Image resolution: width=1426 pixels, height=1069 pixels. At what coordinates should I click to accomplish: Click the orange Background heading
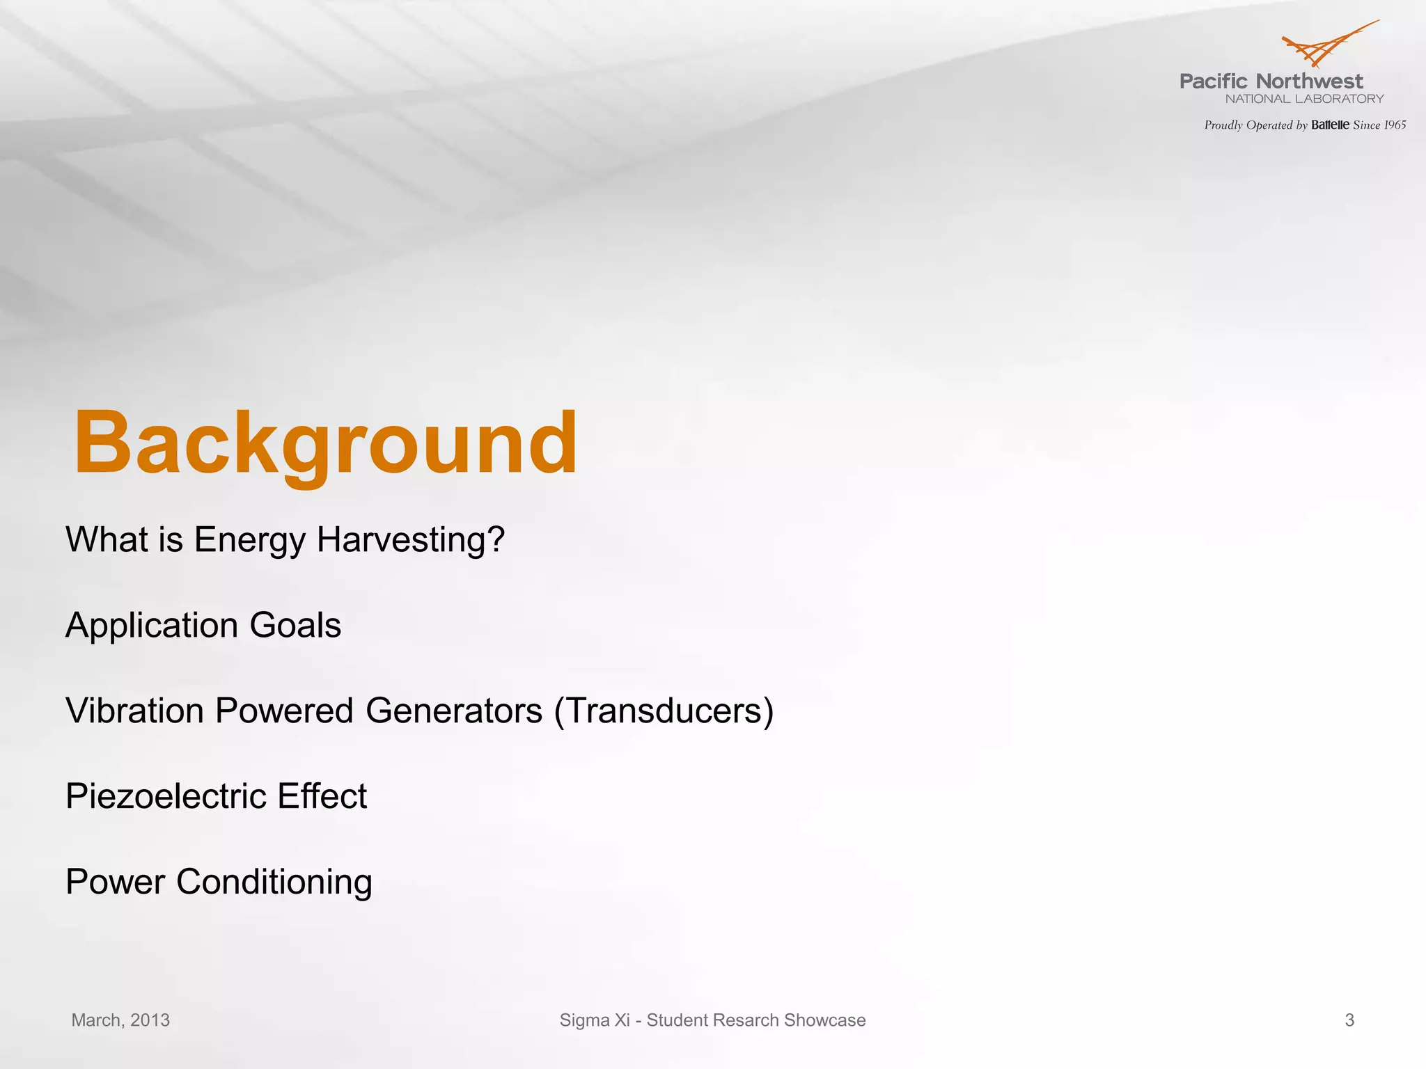coord(325,443)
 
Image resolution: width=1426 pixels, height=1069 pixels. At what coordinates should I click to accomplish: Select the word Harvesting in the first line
coord(411,540)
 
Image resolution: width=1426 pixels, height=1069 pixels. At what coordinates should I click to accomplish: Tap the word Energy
coord(249,540)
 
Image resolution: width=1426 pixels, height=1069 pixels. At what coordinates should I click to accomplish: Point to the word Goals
coord(295,626)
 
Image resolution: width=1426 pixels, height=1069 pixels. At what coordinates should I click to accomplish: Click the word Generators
coord(453,711)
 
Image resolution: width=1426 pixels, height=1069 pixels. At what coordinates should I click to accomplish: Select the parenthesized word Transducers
coord(664,711)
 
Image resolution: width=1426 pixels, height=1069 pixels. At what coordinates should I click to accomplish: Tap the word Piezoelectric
coord(166,796)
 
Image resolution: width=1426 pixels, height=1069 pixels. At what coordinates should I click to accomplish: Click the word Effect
coord(322,796)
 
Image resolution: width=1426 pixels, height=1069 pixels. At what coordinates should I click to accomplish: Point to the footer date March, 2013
coord(120,1020)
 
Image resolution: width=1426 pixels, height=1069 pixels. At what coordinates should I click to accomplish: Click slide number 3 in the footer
coord(1349,1020)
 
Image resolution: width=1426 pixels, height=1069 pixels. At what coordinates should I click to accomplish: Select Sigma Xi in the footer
coord(594,1020)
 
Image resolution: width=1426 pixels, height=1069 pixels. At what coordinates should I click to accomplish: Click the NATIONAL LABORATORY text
coord(1304,99)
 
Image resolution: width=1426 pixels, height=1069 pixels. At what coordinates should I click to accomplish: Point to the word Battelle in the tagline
coord(1330,125)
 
